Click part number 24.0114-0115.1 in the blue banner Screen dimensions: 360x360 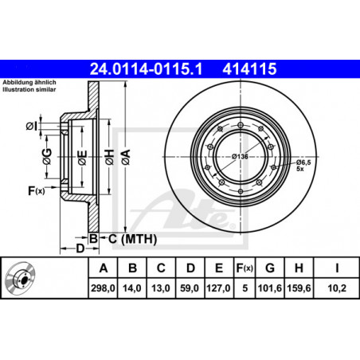click(146, 69)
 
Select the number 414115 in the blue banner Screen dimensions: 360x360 click(249, 69)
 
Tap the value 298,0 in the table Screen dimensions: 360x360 click(103, 288)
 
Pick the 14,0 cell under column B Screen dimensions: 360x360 click(132, 288)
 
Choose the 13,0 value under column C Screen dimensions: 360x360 click(161, 288)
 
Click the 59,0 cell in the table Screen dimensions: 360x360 click(190, 288)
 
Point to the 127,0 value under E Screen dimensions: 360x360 click(218, 288)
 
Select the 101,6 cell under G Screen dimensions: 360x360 click(270, 288)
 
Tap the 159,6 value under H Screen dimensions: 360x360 click(299, 288)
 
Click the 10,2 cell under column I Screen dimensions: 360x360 click(337, 288)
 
